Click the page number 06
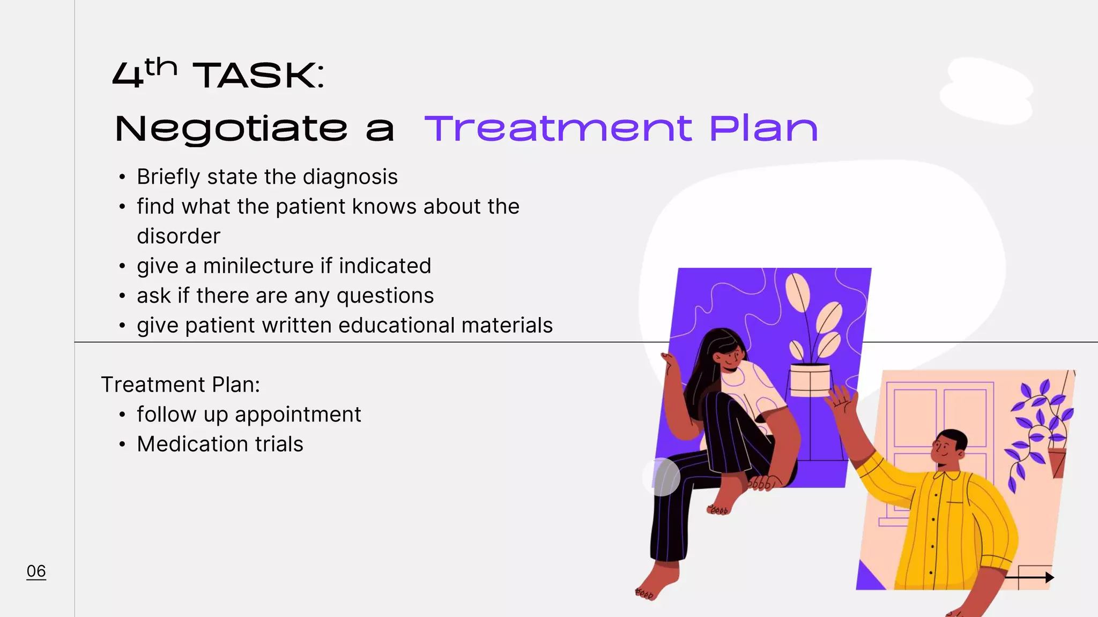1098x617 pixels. click(x=36, y=571)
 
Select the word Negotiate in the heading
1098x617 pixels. click(x=231, y=129)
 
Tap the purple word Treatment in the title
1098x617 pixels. click(x=558, y=129)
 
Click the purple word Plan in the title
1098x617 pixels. click(x=763, y=129)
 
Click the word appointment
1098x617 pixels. click(x=298, y=415)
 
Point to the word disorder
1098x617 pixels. click(x=179, y=236)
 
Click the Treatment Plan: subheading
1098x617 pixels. click(x=180, y=385)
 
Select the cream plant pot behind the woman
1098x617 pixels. click(x=810, y=380)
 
